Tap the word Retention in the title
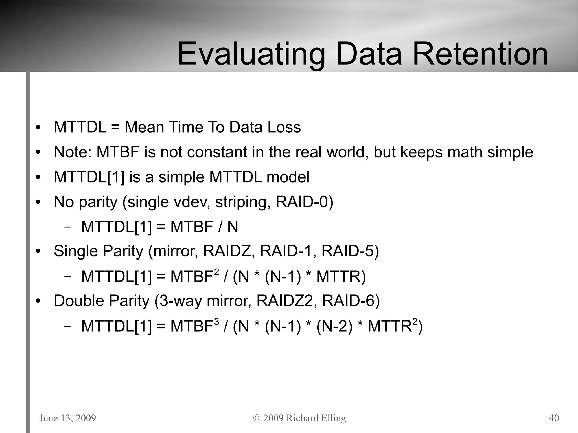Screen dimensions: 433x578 480,54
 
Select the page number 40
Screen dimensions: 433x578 554,418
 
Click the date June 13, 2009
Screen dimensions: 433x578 67,418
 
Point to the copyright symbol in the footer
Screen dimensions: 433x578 257,418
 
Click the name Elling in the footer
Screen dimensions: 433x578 333,418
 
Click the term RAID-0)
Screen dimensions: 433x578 304,202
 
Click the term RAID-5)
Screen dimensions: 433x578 350,251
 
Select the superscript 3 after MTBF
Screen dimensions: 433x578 216,322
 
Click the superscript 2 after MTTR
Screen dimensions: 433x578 415,322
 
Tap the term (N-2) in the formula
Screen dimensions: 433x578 334,326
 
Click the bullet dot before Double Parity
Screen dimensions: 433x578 38,301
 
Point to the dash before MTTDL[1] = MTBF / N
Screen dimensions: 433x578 67,227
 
